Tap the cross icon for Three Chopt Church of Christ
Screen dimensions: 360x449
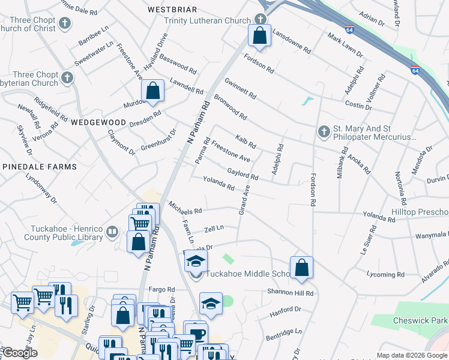click(x=65, y=24)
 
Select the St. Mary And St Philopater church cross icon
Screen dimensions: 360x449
click(x=324, y=131)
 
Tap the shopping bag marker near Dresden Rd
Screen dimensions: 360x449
click(x=153, y=91)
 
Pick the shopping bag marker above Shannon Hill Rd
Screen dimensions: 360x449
click(x=301, y=268)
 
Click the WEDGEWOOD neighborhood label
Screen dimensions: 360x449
click(x=98, y=122)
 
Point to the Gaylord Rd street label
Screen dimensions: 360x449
click(x=243, y=175)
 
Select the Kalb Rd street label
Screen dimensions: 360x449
click(x=246, y=142)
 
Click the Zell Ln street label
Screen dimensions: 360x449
click(x=214, y=228)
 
